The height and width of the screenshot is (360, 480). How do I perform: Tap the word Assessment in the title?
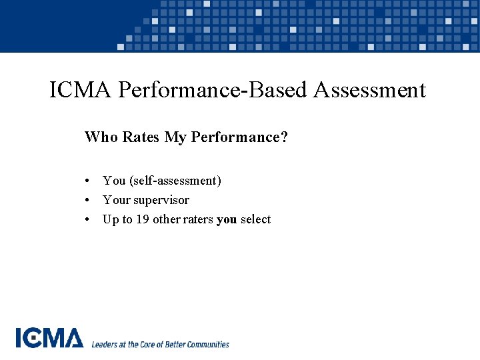click(x=369, y=90)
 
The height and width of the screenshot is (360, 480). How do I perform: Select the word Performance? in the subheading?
click(x=239, y=137)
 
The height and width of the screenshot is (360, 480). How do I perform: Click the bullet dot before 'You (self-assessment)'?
click(x=88, y=181)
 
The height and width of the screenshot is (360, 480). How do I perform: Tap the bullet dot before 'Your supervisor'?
click(x=88, y=201)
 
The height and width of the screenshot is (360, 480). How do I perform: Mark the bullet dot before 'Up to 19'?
click(x=88, y=220)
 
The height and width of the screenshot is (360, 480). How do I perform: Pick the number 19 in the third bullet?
click(x=143, y=219)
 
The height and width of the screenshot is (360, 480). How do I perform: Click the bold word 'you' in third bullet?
click(x=227, y=220)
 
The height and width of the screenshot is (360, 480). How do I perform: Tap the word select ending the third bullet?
click(x=255, y=219)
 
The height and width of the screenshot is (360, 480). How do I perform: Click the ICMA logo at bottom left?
click(x=49, y=338)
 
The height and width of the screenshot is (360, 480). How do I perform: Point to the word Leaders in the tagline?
click(x=105, y=345)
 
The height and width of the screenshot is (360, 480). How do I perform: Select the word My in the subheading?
click(x=175, y=137)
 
